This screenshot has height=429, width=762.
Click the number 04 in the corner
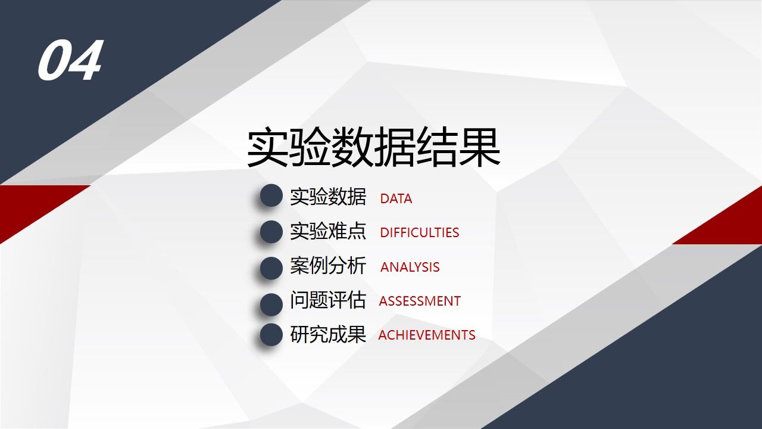tap(70, 61)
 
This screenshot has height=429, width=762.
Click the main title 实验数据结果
tap(373, 148)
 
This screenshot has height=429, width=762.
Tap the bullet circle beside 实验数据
tap(271, 196)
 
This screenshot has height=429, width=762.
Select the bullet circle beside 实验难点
tap(271, 232)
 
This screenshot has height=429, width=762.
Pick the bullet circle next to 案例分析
tap(271, 268)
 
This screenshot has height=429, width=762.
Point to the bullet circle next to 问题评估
tap(271, 304)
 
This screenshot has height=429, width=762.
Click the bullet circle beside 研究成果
tap(271, 335)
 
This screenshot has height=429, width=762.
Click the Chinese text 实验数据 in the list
tap(328, 197)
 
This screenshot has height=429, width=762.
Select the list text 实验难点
tap(328, 231)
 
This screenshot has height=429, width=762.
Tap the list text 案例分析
tap(328, 266)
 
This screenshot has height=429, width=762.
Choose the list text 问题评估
tap(328, 300)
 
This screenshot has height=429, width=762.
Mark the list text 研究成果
tap(328, 334)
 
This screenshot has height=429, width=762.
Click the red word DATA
tap(396, 199)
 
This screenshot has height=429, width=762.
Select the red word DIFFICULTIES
tap(420, 233)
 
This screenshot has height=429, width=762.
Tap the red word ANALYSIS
tap(410, 268)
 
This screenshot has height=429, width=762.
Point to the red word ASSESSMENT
tap(420, 301)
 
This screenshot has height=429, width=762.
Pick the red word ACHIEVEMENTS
tap(427, 335)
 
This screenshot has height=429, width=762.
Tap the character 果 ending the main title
tap(479, 148)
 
